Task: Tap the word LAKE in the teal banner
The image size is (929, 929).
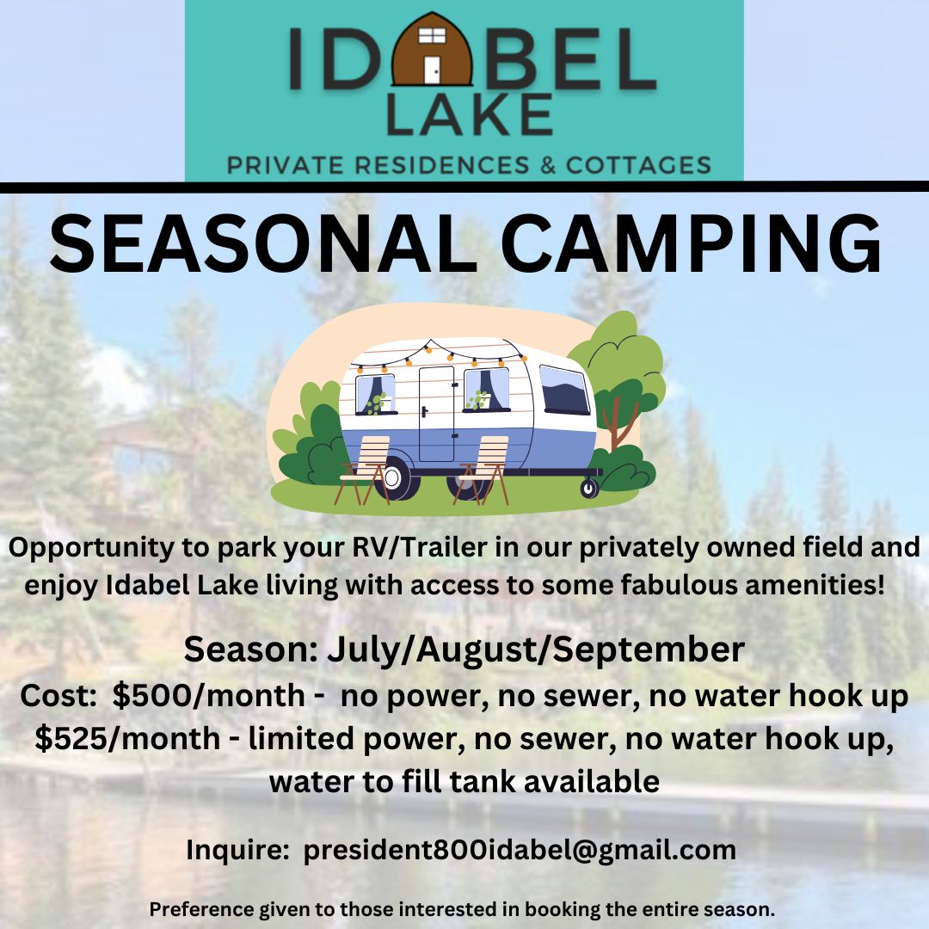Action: point(469,115)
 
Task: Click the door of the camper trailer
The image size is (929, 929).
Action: point(436,413)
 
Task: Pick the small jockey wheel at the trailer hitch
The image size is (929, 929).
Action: point(589,488)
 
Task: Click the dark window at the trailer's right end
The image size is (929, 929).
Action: point(564,390)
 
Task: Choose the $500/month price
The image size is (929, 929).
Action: point(208,696)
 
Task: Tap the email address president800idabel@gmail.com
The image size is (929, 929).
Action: point(520,850)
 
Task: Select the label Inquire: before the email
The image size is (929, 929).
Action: point(237,850)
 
